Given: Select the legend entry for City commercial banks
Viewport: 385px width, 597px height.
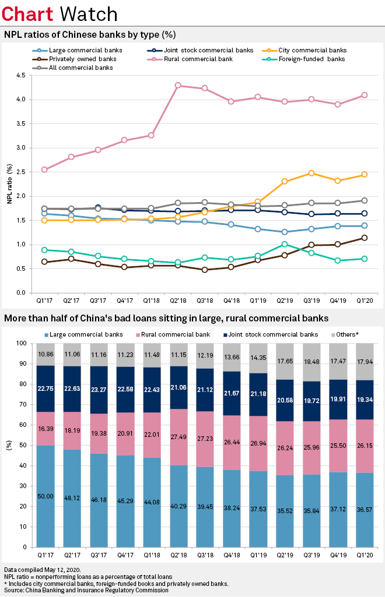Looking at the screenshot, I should point(317,50).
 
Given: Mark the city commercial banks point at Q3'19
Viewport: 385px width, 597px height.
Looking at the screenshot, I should point(311,173).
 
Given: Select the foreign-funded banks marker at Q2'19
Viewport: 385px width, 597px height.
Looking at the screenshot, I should point(285,244).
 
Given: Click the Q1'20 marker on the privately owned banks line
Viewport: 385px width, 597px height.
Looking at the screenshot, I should point(365,238).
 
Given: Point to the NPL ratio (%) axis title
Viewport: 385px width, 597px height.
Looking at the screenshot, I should point(10,184).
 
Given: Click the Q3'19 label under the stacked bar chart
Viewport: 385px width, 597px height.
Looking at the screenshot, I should point(311,556).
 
